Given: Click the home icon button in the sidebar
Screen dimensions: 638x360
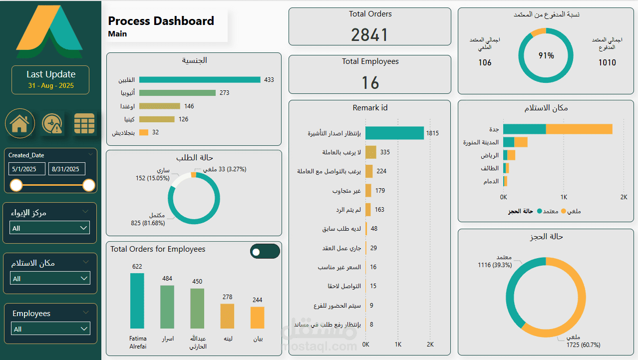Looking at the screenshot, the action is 19,123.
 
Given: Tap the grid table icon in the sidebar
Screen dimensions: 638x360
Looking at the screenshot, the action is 84,123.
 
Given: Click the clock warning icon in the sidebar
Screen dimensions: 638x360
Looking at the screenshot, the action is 52,123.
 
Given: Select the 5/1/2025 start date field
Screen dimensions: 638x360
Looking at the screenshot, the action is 27,169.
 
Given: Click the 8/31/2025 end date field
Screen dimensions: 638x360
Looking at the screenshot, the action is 67,169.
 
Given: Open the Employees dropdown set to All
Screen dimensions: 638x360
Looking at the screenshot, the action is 50,329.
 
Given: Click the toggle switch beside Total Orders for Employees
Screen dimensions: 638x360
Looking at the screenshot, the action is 265,252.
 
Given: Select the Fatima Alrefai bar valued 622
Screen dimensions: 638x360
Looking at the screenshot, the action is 137,301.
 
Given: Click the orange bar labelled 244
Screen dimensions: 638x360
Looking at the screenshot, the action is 257,318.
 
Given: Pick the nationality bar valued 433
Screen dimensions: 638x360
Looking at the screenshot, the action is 200,80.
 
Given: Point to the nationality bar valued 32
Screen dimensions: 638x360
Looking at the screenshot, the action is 144,132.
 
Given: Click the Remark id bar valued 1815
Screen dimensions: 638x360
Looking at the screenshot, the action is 394,133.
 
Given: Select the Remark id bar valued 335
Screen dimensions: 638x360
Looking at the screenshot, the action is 371,152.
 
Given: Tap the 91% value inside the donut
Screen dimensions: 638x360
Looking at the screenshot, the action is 546,55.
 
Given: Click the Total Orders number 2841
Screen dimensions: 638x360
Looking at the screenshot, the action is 369,35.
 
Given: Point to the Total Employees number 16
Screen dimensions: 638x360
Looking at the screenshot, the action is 370,83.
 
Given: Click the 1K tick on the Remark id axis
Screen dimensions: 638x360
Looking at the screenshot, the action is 398,345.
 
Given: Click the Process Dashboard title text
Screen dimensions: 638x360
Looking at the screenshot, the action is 161,21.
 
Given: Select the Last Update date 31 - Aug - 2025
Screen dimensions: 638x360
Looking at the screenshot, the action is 51,85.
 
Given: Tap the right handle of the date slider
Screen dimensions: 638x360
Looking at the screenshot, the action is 88,185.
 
